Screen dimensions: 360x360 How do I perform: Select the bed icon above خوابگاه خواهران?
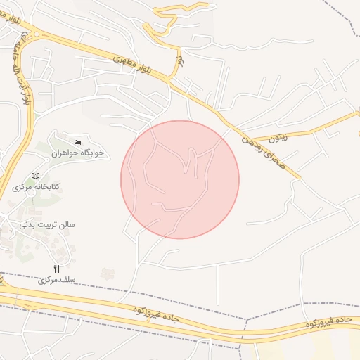pyautogui.click(x=77, y=143)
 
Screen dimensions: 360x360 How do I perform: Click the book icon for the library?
pyautogui.click(x=36, y=176)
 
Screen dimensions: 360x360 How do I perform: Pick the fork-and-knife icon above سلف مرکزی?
pyautogui.click(x=56, y=269)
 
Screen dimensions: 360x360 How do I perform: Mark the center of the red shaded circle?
pyautogui.click(x=180, y=179)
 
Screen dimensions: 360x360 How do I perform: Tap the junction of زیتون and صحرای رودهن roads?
pyautogui.click(x=243, y=139)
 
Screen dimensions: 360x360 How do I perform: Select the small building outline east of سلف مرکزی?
pyautogui.click(x=107, y=273)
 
